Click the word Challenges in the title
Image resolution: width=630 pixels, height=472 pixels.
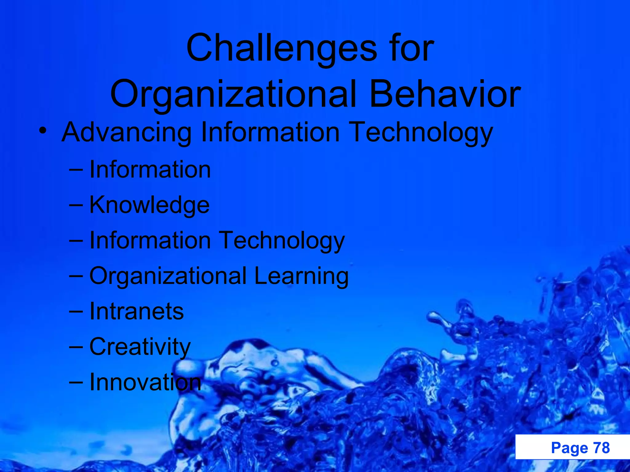[x=281, y=48]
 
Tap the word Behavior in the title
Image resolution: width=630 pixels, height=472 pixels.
[x=445, y=94]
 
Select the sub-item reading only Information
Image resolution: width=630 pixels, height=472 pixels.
[x=150, y=170]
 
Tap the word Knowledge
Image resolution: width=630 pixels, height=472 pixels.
[x=150, y=205]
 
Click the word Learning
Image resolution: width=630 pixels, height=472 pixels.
[x=301, y=276]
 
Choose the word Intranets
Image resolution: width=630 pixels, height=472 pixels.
[x=137, y=311]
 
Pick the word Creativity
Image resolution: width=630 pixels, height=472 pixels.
[x=140, y=347]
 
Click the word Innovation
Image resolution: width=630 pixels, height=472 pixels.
[x=145, y=382]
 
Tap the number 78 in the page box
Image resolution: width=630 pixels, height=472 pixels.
[x=601, y=448]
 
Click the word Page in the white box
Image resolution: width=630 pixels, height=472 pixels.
[x=569, y=448]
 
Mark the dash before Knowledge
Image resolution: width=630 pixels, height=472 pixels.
[x=76, y=205]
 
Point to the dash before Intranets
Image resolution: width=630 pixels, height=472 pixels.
[x=76, y=311]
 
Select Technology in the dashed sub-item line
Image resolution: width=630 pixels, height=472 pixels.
[x=282, y=241]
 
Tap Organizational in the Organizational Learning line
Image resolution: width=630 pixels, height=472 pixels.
[x=168, y=276]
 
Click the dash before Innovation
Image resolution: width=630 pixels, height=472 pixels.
[x=76, y=382]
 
